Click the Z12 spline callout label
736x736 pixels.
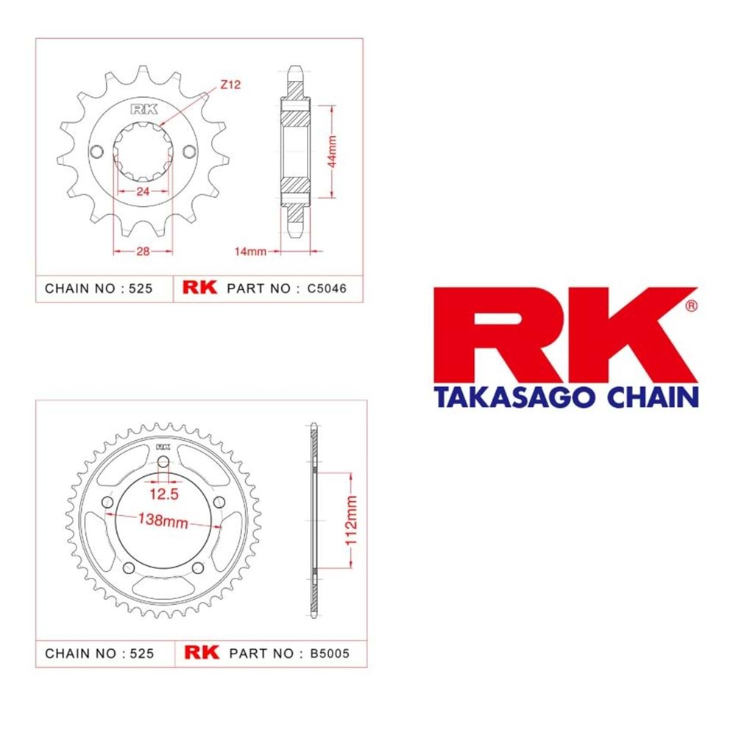[230, 85]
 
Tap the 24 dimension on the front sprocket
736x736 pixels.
[143, 191]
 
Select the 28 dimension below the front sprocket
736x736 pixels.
[143, 252]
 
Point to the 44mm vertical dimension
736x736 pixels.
[332, 151]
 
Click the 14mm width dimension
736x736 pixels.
[251, 252]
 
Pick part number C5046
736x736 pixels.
[327, 289]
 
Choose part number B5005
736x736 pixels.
[330, 654]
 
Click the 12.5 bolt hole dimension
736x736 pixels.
[164, 494]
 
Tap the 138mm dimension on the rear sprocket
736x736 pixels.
[163, 520]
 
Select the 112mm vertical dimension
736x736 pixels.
[351, 520]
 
